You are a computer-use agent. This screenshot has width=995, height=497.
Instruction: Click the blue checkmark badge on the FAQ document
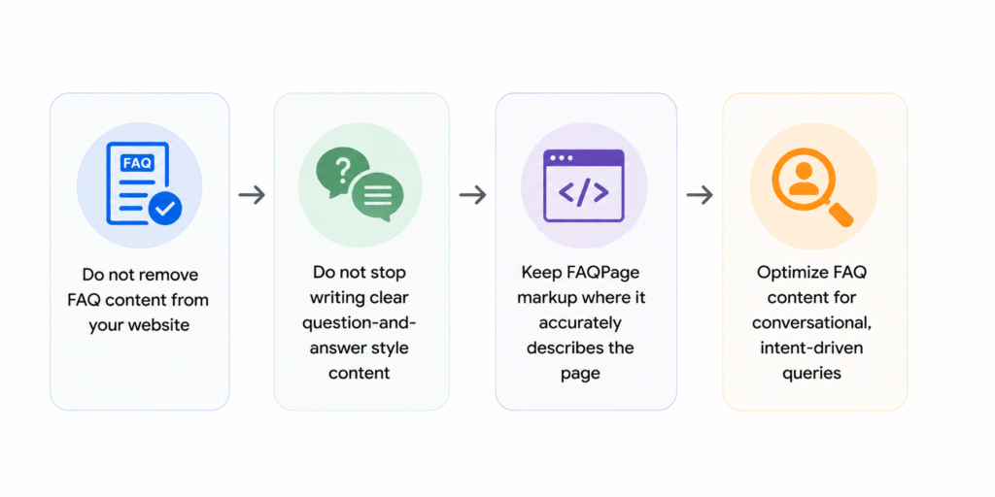click(165, 210)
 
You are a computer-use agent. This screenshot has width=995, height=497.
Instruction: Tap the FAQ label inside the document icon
click(137, 163)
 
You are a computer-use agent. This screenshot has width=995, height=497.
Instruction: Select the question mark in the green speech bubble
click(342, 170)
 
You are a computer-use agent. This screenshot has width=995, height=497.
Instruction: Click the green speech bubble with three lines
click(378, 194)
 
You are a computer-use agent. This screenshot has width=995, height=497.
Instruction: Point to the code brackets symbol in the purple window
click(584, 193)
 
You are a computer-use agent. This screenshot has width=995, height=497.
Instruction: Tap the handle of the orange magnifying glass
click(839, 213)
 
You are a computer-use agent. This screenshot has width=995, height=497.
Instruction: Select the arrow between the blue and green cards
click(252, 195)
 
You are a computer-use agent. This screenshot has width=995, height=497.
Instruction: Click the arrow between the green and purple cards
click(473, 195)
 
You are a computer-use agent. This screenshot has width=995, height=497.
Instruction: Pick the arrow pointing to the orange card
click(700, 195)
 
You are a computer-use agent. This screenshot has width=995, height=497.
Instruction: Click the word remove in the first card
click(169, 275)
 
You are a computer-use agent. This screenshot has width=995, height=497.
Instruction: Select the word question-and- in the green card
click(360, 322)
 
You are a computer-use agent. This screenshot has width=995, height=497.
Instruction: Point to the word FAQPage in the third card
click(598, 273)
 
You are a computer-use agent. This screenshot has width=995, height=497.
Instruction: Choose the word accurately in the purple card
click(581, 322)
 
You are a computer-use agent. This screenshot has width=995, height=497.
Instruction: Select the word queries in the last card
click(811, 374)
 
